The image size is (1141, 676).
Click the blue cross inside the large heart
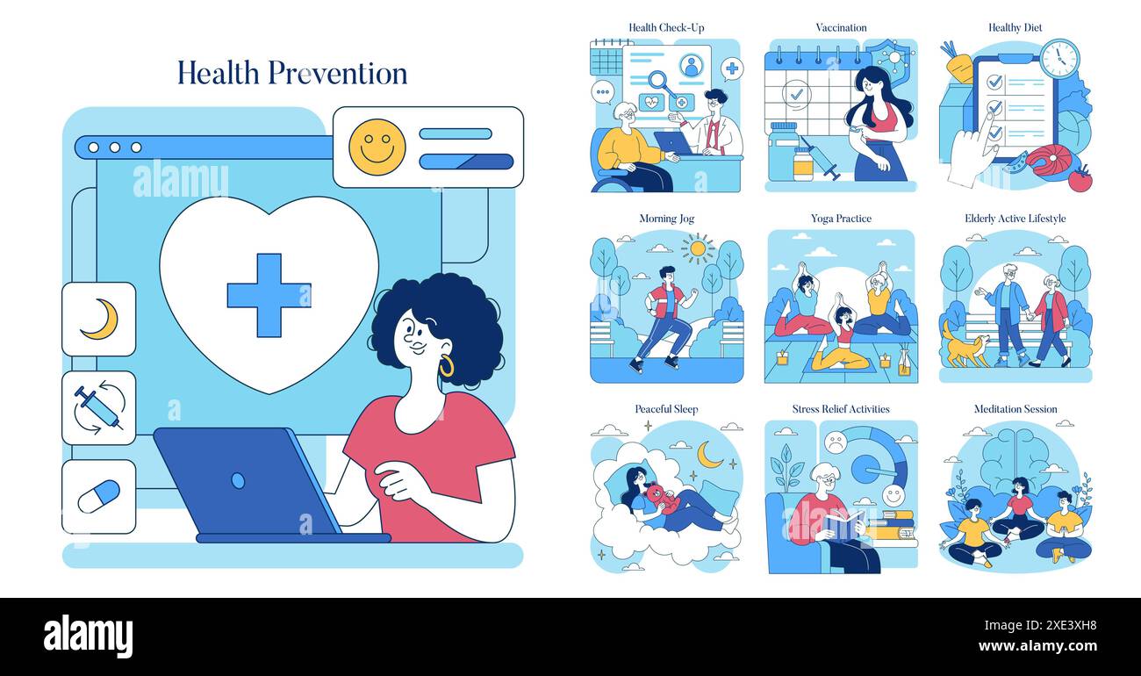[269, 295]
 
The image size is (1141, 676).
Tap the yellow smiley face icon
[377, 147]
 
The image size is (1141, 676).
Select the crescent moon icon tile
[99, 319]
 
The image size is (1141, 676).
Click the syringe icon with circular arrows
[99, 407]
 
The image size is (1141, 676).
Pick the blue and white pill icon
[98, 496]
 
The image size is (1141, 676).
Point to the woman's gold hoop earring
[446, 366]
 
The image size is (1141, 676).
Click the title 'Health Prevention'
[292, 73]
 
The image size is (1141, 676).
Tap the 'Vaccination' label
[841, 27]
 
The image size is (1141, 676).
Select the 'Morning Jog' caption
[666, 218]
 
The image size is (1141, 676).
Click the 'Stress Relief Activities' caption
[840, 408]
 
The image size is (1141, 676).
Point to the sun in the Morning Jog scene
[698, 248]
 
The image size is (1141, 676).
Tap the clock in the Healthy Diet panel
[1058, 59]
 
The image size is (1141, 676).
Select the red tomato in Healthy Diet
[1079, 179]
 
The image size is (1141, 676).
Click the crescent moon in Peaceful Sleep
[708, 455]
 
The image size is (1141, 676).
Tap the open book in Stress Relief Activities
[842, 525]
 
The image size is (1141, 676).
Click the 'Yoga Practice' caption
[841, 218]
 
